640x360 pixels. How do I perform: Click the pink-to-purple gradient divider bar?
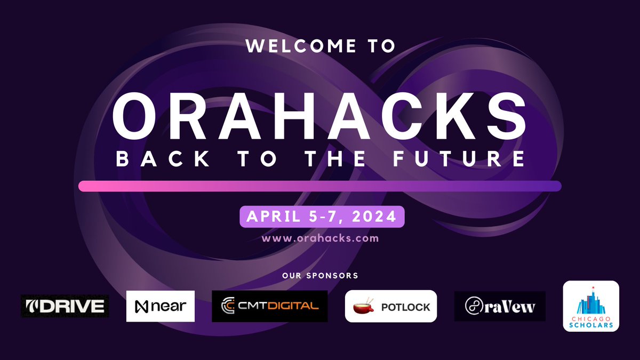pos(319,186)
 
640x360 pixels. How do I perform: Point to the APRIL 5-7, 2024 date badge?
pos(322,217)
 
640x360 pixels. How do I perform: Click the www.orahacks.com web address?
pos(320,238)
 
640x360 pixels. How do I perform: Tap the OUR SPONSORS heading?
pos(320,276)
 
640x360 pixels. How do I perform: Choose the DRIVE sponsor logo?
pos(65,306)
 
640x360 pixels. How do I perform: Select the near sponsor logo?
pos(161,306)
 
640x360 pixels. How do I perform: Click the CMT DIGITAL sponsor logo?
pos(270,306)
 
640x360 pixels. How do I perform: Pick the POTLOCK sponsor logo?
pos(391,307)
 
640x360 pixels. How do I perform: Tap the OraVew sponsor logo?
pos(500,306)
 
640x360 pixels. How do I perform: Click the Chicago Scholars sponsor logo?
pos(591,306)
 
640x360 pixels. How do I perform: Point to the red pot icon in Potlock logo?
pos(364,307)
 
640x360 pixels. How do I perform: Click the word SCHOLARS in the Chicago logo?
pos(591,324)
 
